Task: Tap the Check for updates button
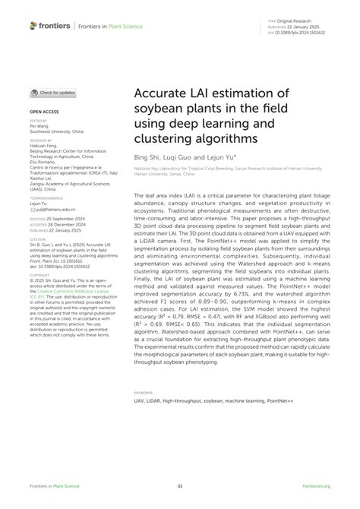click(53, 93)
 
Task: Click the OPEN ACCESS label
click(43, 110)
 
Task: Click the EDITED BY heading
click(38, 120)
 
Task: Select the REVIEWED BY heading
click(40, 141)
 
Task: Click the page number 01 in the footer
click(180, 487)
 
